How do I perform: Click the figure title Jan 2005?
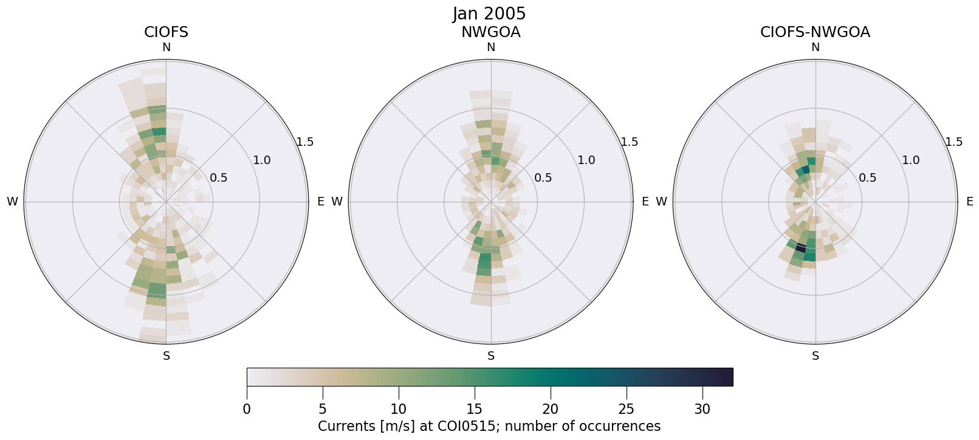[489, 13]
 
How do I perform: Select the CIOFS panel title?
[166, 32]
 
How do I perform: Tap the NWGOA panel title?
[490, 32]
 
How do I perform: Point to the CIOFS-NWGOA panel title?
[815, 32]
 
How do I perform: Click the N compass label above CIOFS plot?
[167, 47]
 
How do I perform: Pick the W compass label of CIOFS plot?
[12, 202]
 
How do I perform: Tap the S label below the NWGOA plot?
[491, 356]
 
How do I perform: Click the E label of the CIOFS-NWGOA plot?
[969, 202]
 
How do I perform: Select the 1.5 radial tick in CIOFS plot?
[304, 142]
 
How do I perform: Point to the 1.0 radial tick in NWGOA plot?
[586, 160]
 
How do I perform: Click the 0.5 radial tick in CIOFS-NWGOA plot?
[867, 178]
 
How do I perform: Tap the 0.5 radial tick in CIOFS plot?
[218, 178]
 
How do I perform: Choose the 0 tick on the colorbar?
[247, 410]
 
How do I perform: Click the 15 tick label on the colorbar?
[475, 410]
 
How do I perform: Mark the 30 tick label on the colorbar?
[702, 410]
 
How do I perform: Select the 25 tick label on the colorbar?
[626, 410]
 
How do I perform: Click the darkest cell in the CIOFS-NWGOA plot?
[801, 247]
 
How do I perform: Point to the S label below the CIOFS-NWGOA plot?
[816, 356]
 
